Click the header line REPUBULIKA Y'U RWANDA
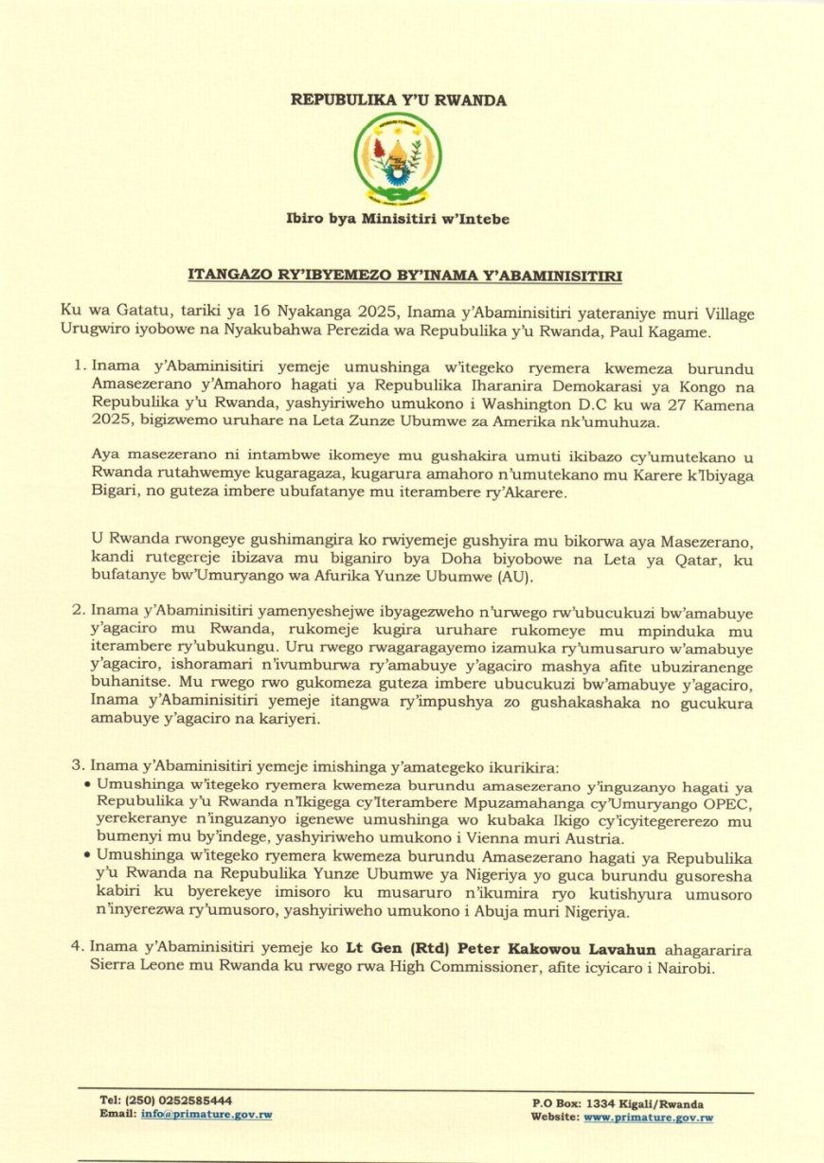(398, 99)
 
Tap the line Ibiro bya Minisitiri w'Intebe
(398, 219)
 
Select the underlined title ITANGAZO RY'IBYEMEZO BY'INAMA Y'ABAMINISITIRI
(404, 276)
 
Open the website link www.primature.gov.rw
(648, 1118)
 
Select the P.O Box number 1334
(601, 1104)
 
